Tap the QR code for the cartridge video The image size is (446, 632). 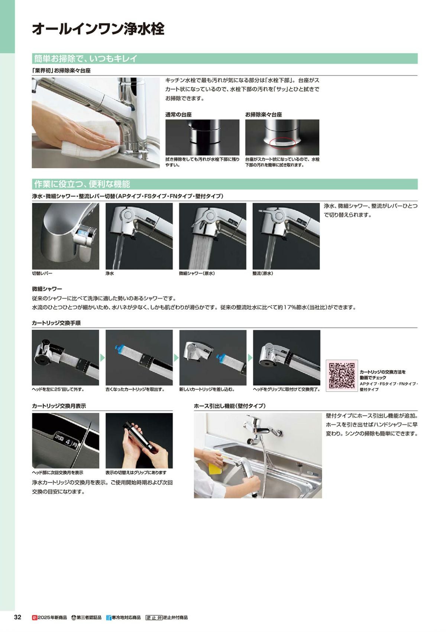pos(342,375)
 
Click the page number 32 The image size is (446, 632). pos(17,617)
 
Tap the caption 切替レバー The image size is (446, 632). pos(42,273)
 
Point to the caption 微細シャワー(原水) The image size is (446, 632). pos(197,273)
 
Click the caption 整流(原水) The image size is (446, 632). pos(263,273)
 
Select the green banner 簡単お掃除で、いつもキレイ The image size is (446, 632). pos(224,58)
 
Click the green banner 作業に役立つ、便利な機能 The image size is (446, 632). pos(224,184)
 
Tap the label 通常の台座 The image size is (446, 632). pos(178,114)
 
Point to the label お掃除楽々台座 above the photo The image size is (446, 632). pos(264,114)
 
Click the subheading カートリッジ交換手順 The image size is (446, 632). pos(56,323)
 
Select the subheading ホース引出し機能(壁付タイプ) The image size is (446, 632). pos(230,406)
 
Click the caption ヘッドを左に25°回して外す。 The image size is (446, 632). pos(58,390)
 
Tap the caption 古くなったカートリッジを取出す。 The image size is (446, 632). pos(135,390)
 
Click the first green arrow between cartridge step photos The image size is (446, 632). pos(102,358)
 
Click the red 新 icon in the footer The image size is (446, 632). pos(35,617)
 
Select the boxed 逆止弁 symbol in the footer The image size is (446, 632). pos(154,617)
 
